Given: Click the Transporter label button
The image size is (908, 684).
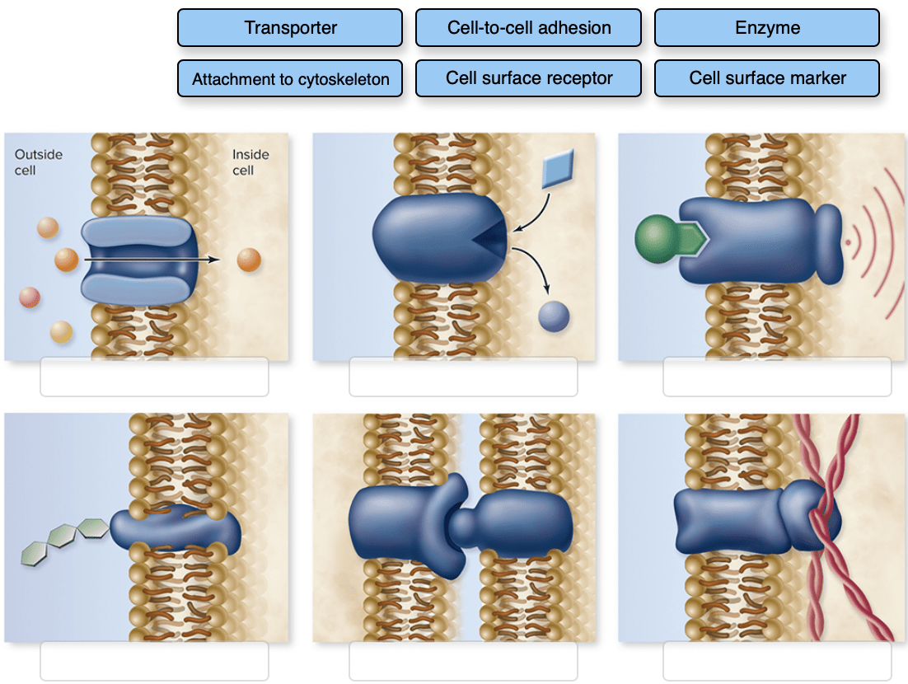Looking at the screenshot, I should [290, 28].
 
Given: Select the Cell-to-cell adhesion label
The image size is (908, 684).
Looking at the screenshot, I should [528, 28].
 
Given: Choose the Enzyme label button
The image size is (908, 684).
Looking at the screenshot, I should [766, 28].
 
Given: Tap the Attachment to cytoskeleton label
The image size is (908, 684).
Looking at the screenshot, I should [290, 79].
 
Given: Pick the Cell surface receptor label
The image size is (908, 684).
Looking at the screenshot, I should [528, 79].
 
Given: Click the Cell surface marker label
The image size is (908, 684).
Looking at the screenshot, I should [766, 79].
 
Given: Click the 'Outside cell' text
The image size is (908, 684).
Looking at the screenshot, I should [38, 162].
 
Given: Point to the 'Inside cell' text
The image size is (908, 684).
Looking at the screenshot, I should [250, 162].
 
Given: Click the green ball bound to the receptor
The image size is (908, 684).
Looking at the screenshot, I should [658, 238].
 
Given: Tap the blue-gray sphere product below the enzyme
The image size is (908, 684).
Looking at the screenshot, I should [554, 316].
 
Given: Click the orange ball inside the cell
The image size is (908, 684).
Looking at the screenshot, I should [248, 260].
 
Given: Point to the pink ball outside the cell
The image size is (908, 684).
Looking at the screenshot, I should [30, 297].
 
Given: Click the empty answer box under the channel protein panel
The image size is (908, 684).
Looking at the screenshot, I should [154, 377].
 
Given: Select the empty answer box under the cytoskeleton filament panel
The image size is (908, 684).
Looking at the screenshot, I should [776, 661].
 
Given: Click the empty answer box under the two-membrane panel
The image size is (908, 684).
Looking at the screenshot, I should [463, 661].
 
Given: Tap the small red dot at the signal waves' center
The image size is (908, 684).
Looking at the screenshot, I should [848, 243].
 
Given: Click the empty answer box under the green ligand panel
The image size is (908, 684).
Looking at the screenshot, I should [776, 377].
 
